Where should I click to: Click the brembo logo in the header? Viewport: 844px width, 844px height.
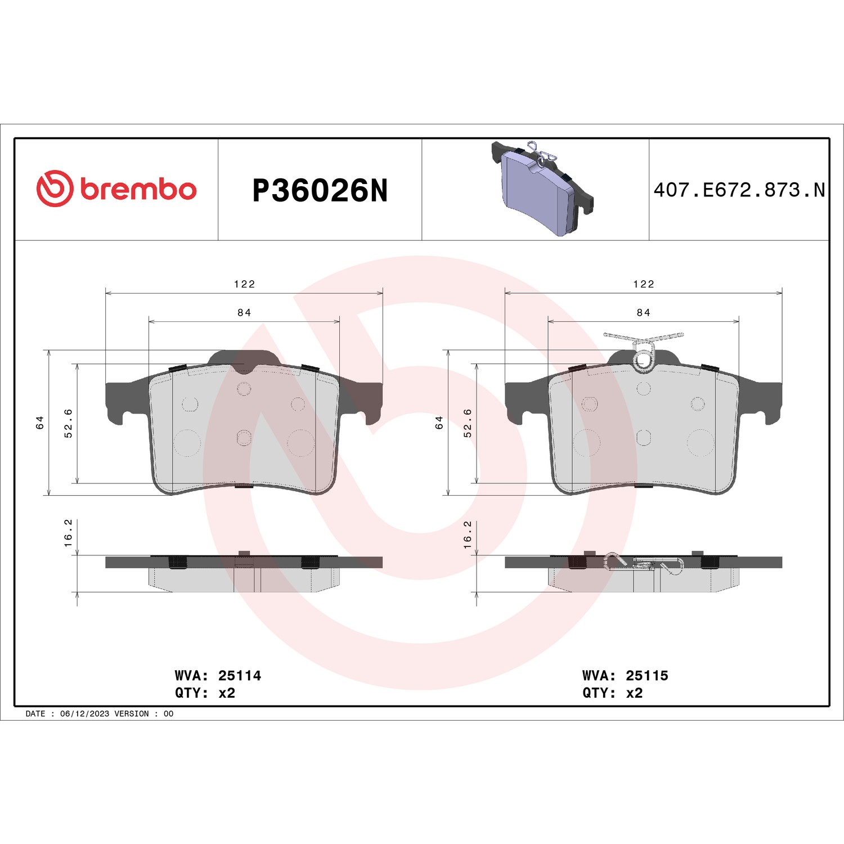point(116,188)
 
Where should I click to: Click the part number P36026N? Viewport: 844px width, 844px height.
point(320,190)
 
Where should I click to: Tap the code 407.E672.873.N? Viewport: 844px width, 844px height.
point(739,190)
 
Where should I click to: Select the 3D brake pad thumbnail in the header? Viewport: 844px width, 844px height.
point(542,188)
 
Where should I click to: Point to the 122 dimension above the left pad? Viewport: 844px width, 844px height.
point(244,284)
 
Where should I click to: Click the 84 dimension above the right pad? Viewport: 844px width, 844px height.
point(643,312)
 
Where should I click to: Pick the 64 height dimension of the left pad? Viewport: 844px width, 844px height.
point(40,423)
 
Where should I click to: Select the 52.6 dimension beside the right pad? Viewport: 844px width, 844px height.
point(468,423)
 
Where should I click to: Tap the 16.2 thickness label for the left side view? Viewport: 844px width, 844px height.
point(68,533)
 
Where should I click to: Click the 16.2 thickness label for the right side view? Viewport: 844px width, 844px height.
point(468,535)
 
